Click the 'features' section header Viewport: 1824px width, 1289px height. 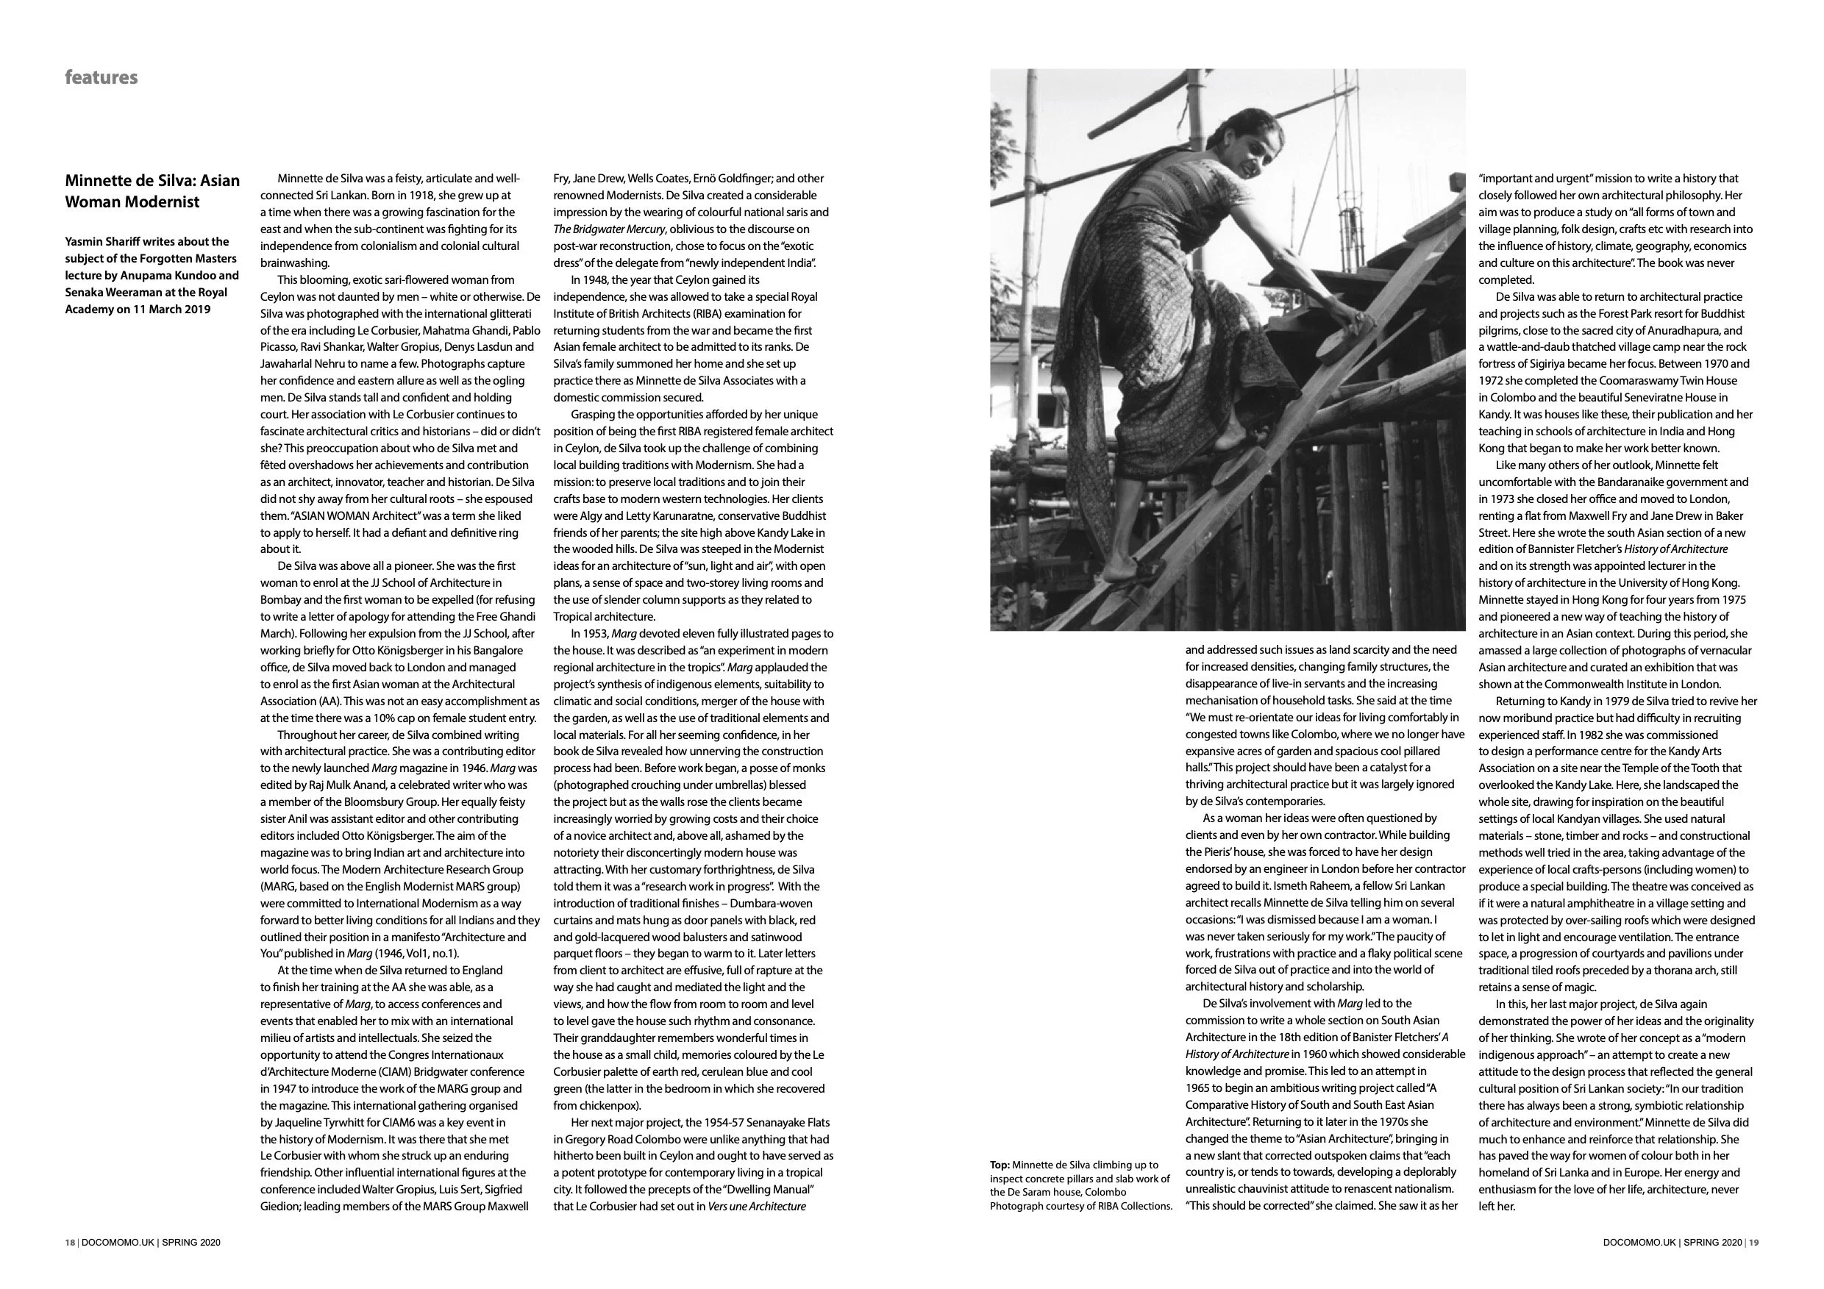(x=101, y=77)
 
